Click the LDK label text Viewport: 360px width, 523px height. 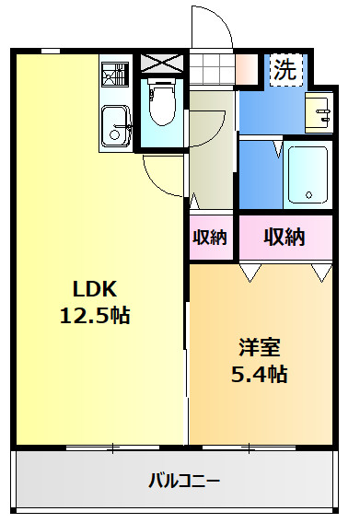click(95, 288)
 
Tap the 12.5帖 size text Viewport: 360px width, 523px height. click(95, 315)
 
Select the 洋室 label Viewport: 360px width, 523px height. click(260, 347)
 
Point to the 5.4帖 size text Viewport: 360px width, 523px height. click(260, 374)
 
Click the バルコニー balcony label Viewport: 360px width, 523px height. click(184, 481)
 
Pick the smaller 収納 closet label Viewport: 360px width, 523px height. click(210, 238)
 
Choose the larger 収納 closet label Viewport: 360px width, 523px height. click(285, 238)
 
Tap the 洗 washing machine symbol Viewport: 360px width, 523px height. click(285, 70)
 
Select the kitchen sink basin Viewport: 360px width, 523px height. click(115, 126)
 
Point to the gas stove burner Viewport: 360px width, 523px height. click(115, 75)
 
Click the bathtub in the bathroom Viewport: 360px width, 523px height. click(308, 175)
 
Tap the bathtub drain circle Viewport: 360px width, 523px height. click(308, 195)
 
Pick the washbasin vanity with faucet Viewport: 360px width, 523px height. click(319, 112)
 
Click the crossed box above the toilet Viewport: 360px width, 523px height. click(162, 64)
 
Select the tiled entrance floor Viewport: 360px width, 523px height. click(212, 69)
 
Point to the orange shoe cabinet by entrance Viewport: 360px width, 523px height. click(247, 69)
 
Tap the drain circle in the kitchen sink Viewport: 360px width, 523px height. click(114, 135)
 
